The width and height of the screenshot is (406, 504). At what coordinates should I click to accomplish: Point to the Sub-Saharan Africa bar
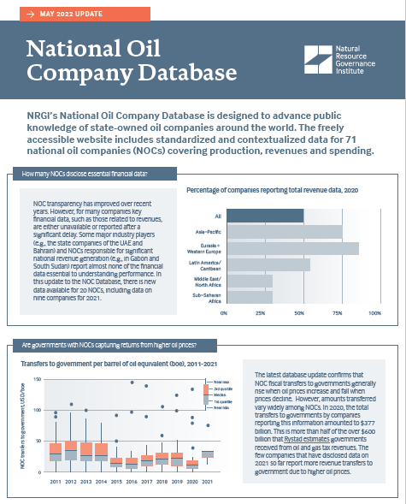248,297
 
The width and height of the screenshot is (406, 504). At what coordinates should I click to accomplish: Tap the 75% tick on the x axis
337,313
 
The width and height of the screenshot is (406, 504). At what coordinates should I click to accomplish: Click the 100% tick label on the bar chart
374,313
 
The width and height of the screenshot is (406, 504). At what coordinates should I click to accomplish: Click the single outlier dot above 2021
207,425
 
